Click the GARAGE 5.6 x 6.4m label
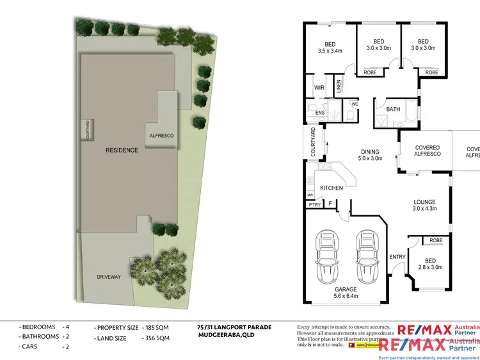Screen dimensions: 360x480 click(x=345, y=292)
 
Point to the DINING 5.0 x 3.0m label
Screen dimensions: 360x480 click(x=370, y=154)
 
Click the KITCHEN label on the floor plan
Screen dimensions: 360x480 click(x=332, y=188)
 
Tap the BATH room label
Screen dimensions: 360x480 click(x=393, y=110)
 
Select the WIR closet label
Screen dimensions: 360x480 click(x=319, y=88)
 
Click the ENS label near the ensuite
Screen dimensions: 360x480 click(x=321, y=113)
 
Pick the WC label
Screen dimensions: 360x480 click(x=354, y=103)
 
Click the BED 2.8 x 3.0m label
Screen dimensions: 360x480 click(x=431, y=263)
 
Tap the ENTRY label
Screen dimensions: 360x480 click(x=397, y=257)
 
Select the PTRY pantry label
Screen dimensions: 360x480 click(x=314, y=205)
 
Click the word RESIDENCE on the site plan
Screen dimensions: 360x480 click(x=122, y=151)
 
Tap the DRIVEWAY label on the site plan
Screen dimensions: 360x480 click(x=108, y=277)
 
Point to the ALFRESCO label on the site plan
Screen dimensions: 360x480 click(x=161, y=136)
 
